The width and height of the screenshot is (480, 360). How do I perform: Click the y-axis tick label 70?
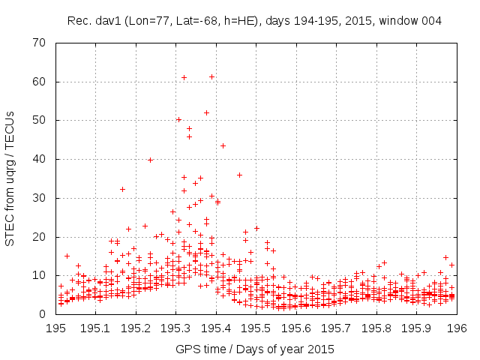[x=41, y=43]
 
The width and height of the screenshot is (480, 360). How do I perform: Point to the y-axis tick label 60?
[x=41, y=82]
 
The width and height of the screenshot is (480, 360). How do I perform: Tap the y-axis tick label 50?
[x=41, y=120]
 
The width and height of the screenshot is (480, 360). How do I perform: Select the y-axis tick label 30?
[x=41, y=198]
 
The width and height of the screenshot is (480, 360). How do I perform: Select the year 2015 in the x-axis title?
[x=322, y=349]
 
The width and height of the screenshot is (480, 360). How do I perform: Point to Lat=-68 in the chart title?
[x=190, y=20]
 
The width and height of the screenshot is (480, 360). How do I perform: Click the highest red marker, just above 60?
[x=212, y=76]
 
